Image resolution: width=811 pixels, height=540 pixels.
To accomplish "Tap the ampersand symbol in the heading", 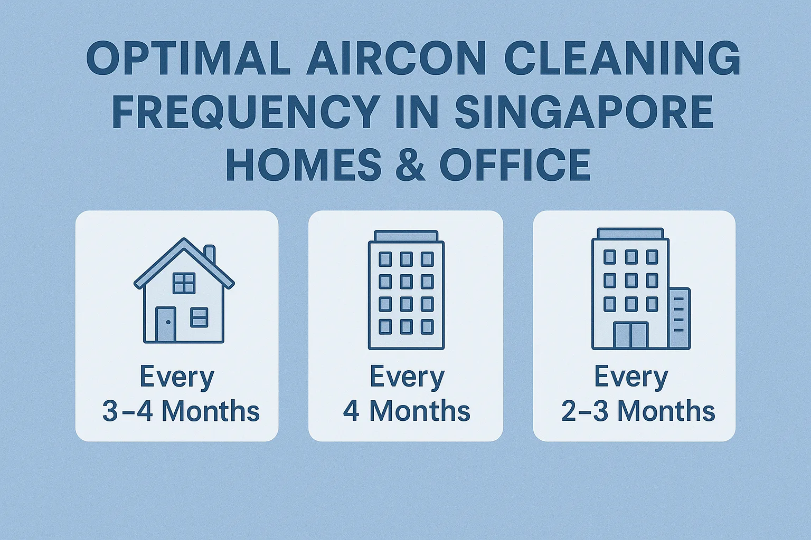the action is [411, 164].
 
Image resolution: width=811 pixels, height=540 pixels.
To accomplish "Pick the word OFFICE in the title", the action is [515, 164].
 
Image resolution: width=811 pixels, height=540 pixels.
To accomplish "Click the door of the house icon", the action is [166, 324].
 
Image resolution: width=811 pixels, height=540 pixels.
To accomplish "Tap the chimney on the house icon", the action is [210, 254].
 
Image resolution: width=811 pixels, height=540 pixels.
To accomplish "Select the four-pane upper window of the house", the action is [184, 283].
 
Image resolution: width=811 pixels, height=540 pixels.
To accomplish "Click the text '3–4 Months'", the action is [181, 411].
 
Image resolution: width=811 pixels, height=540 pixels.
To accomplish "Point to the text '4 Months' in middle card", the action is [407, 411].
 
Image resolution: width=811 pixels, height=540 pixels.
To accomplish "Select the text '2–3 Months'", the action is [638, 411].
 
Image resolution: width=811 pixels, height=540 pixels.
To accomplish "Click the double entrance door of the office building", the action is [631, 335].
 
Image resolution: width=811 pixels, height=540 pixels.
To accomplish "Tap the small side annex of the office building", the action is [679, 319].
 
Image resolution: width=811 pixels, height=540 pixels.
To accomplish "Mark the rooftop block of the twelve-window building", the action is [406, 236].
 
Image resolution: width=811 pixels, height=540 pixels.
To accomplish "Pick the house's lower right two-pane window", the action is [199, 317].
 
